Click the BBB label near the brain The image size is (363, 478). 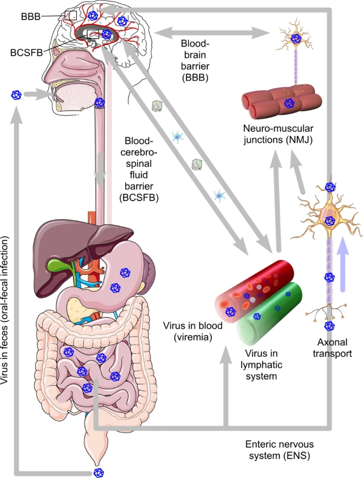[x=30, y=16]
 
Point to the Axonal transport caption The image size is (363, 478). [x=332, y=348]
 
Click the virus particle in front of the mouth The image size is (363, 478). [x=16, y=95]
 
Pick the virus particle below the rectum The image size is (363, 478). [x=98, y=472]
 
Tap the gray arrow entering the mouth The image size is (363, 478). [x=38, y=95]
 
